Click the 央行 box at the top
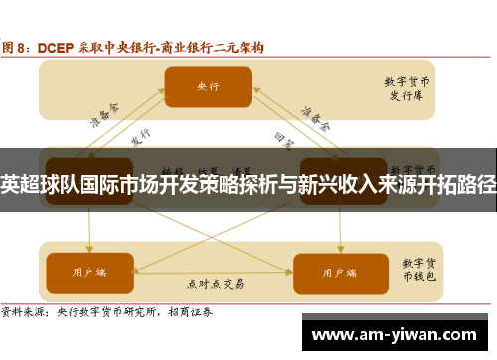[208, 86]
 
